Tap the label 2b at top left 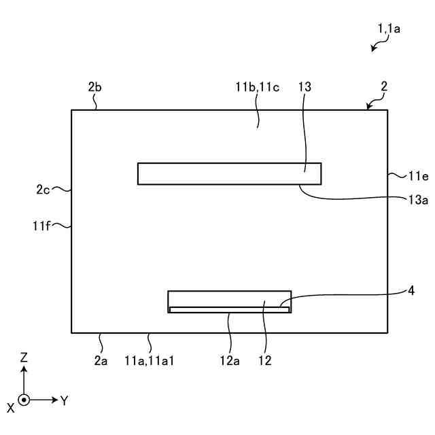pos(95,86)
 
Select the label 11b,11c pos(254,86)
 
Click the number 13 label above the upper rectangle pos(304,86)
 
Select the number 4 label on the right pos(411,290)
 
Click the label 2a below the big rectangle pos(101,361)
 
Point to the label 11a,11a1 pos(150,361)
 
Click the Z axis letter pos(24,356)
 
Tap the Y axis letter pos(65,401)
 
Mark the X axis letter pos(10,408)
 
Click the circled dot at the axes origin pos(24,400)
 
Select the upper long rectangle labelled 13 pos(229,174)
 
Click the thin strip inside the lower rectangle pos(229,309)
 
